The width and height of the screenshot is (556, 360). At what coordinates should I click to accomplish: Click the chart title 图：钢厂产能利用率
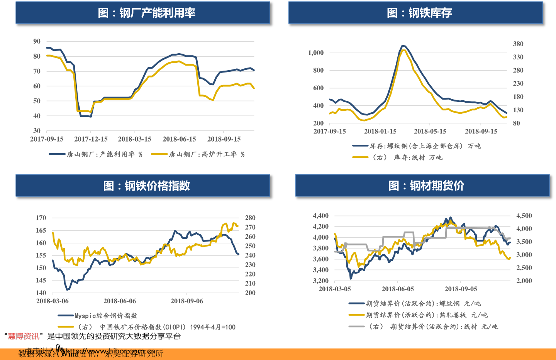[x=146, y=13]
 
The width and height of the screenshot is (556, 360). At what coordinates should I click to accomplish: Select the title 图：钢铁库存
[x=419, y=13]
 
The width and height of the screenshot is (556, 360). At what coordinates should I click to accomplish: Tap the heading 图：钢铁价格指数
[x=146, y=186]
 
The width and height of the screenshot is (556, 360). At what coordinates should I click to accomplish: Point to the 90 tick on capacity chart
[x=37, y=41]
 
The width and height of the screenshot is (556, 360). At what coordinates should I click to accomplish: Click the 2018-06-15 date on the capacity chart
[x=179, y=139]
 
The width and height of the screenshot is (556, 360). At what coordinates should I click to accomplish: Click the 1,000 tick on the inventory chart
[x=316, y=53]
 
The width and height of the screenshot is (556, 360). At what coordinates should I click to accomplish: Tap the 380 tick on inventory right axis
[x=518, y=44]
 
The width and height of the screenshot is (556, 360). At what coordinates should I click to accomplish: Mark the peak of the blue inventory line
[x=403, y=46]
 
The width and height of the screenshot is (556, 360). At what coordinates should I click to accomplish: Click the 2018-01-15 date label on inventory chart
[x=380, y=131]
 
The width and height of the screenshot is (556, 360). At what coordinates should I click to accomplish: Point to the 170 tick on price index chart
[x=41, y=218]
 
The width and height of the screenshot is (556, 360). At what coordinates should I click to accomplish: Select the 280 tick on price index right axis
[x=250, y=218]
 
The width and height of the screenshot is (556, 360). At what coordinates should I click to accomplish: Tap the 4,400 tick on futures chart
[x=320, y=216]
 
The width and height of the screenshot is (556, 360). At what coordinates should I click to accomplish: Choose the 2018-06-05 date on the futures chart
[x=398, y=289]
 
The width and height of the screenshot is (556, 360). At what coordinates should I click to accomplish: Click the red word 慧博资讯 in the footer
[x=24, y=336]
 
